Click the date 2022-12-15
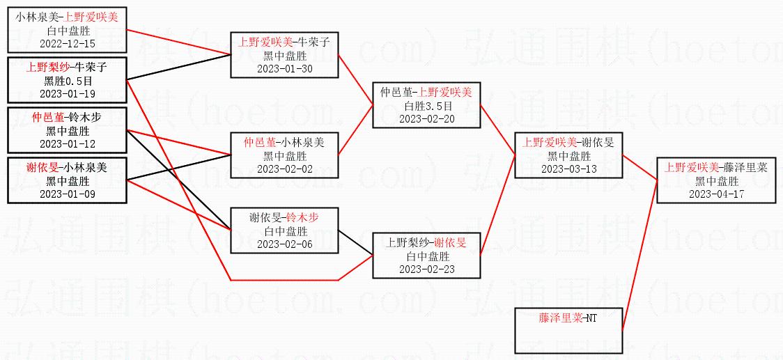pos(68,43)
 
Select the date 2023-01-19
pos(68,93)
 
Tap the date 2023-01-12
pos(68,143)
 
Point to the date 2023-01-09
pos(68,194)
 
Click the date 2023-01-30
pos(284,68)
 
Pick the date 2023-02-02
pos(284,169)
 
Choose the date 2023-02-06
pos(284,244)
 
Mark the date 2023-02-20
pos(426,118)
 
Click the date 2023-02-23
pos(426,269)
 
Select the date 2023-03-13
pos(568,169)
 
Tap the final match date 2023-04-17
pos(717,194)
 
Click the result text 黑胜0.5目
pos(68,81)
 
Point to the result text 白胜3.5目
pos(426,106)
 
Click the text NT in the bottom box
pos(591,318)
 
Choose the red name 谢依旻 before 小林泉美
pos(41,168)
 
